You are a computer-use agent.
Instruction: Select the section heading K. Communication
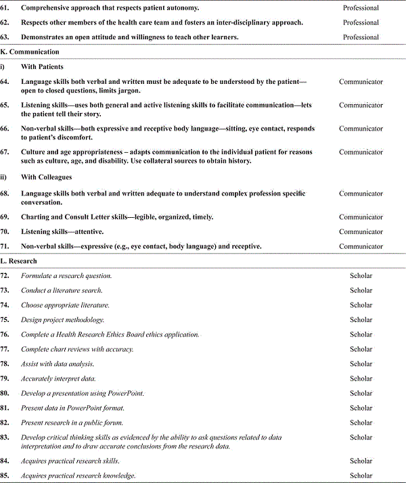[30, 51]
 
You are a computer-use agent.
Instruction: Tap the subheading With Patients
[42, 66]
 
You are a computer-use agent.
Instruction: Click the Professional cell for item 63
[361, 37]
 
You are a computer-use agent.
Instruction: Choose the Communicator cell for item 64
[361, 82]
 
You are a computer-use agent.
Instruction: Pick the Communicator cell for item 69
[361, 217]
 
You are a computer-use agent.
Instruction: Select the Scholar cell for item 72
[361, 276]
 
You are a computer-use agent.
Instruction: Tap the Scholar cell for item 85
[361, 476]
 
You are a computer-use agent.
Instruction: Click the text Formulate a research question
[66, 276]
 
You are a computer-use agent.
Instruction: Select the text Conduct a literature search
[62, 290]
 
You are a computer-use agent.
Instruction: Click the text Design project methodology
[62, 320]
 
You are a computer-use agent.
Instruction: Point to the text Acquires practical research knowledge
[78, 476]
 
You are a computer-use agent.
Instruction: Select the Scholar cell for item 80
[361, 393]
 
